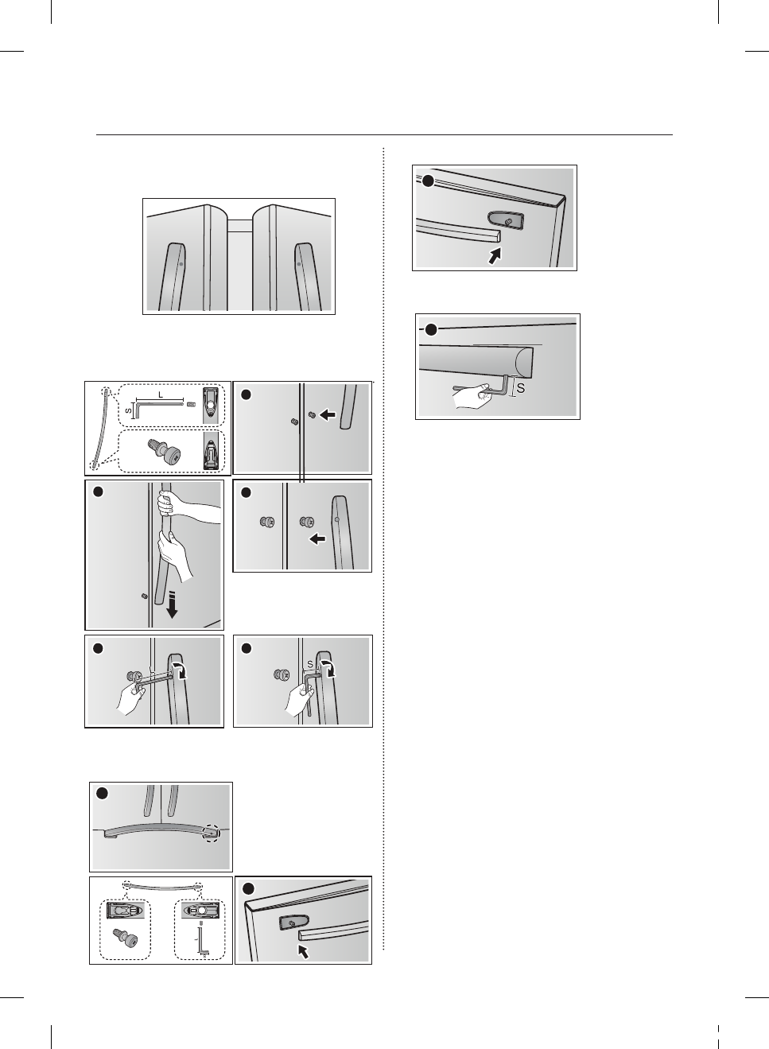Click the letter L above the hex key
click(161, 394)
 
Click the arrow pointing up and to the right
click(496, 256)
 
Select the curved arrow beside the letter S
click(327, 666)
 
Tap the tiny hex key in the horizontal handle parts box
click(202, 942)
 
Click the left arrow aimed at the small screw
click(328, 414)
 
